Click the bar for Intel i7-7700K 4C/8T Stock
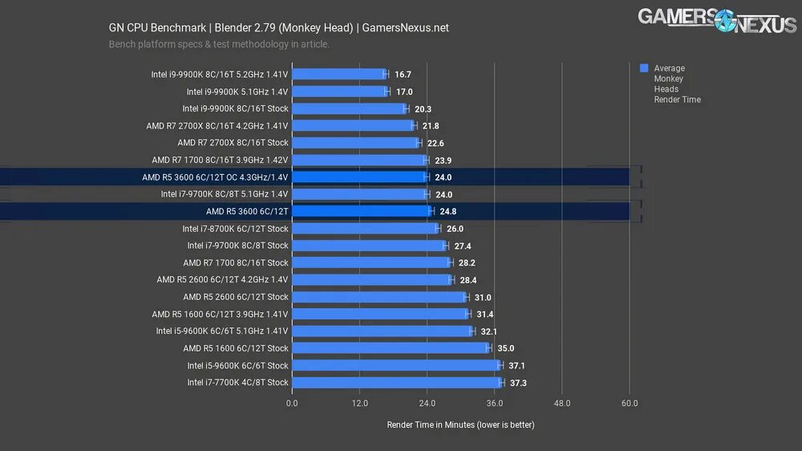[x=397, y=383]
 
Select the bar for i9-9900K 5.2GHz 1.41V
[x=338, y=74]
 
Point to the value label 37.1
[x=516, y=366]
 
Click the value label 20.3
[x=423, y=108]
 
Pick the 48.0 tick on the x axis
[x=561, y=404]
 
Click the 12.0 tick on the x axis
[x=358, y=404]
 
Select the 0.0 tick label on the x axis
[x=291, y=404]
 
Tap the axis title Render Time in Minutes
[x=460, y=425]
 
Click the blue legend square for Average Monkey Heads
[x=644, y=68]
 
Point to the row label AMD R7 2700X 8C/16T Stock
[x=233, y=143]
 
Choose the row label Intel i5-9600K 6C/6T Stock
[x=237, y=366]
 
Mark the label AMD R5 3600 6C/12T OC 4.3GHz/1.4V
[x=215, y=177]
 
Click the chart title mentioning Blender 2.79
[x=278, y=28]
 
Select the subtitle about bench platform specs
[x=219, y=45]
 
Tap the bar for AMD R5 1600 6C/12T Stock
[x=391, y=348]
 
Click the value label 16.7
[x=403, y=74]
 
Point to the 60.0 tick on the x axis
[x=630, y=404]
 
